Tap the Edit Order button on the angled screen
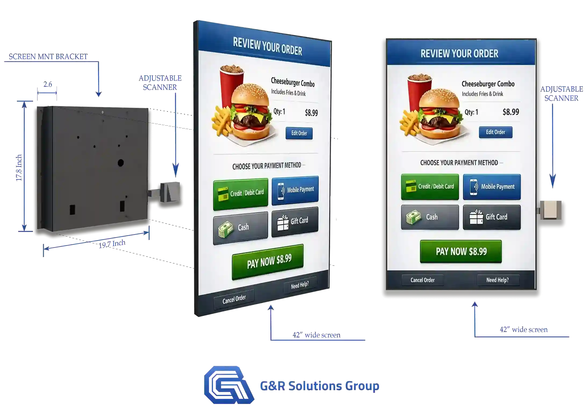(x=299, y=133)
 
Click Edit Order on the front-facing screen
(x=495, y=132)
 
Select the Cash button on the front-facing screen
(x=430, y=217)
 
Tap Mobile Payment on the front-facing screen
(x=492, y=187)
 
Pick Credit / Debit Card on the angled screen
(x=240, y=194)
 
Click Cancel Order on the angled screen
(x=234, y=299)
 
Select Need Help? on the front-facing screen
(x=498, y=280)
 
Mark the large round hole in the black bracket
(x=121, y=162)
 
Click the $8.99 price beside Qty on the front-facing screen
(x=511, y=112)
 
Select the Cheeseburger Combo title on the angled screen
(x=293, y=82)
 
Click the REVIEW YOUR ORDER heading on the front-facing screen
(x=459, y=54)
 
